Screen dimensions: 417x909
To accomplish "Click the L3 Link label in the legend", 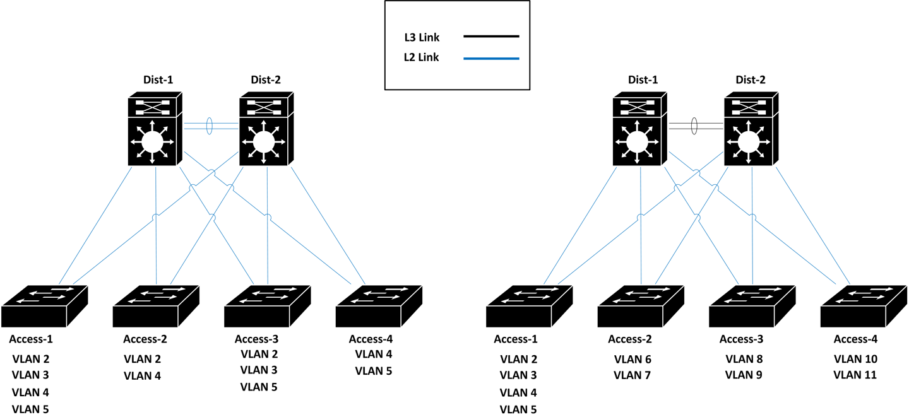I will pyautogui.click(x=421, y=38).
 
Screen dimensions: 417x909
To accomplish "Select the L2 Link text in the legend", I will pyautogui.click(x=421, y=58).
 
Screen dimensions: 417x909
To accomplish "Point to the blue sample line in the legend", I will pyautogui.click(x=490, y=59).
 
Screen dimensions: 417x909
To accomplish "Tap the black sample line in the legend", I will pyautogui.click(x=490, y=37).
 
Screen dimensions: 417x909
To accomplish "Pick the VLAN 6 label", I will pyautogui.click(x=633, y=360).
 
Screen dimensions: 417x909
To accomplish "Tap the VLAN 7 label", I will pyautogui.click(x=633, y=375).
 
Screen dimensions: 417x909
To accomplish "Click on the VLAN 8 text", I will pyautogui.click(x=744, y=360).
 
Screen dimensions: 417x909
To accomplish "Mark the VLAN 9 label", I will pyautogui.click(x=744, y=375).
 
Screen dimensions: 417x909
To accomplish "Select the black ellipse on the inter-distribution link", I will pyautogui.click(x=695, y=124).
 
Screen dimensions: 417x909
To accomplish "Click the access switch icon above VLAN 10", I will pyautogui.click(x=863, y=307).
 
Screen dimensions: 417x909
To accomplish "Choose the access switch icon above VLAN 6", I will pyautogui.click(x=640, y=307).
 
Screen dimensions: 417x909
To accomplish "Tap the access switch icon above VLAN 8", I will pyautogui.click(x=752, y=307).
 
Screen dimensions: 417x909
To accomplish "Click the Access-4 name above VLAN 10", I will pyautogui.click(x=855, y=339).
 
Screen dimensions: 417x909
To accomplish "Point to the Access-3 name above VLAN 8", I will pyautogui.click(x=744, y=339).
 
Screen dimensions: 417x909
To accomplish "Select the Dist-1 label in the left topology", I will pyautogui.click(x=158, y=79).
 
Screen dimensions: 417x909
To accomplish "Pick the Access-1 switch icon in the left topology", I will pyautogui.click(x=44, y=307).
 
